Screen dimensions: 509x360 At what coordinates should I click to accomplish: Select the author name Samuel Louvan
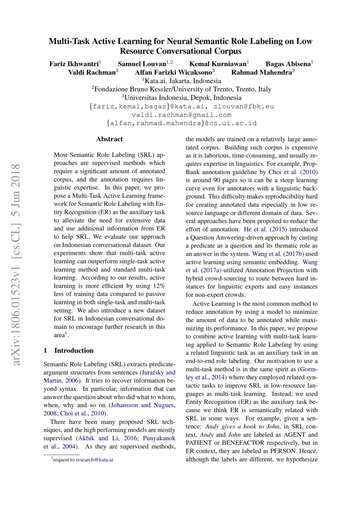(x=138, y=64)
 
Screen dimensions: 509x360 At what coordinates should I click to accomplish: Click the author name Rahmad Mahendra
(x=262, y=72)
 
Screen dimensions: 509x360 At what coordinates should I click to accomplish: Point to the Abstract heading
(x=109, y=139)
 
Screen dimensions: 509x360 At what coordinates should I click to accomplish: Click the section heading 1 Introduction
(x=69, y=351)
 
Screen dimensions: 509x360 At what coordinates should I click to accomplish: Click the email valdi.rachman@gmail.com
(x=181, y=115)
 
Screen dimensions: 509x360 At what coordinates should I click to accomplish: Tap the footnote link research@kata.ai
(x=94, y=459)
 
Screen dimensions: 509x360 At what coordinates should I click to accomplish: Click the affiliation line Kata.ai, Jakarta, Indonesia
(x=182, y=81)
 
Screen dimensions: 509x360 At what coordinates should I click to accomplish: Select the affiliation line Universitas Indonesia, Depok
(x=182, y=98)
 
